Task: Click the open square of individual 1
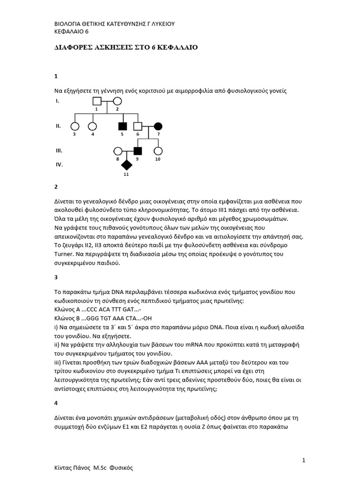97,101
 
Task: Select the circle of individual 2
117,101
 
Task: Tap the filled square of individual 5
123,126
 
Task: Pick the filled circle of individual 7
158,126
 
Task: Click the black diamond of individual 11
126,165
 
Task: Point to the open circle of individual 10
158,151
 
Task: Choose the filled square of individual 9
138,151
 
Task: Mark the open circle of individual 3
75,126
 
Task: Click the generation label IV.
59,165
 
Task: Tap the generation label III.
59,151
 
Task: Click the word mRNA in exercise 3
187,345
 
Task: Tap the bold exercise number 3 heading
56,277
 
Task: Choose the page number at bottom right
304,460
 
